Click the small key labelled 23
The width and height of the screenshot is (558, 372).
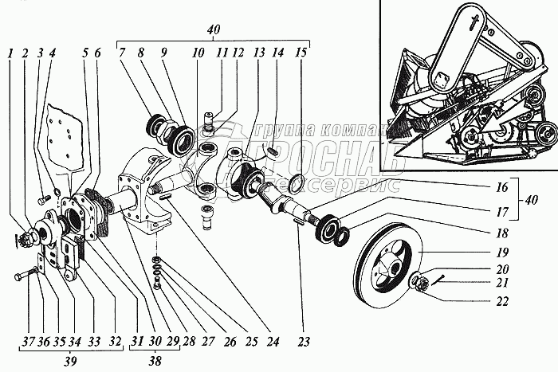[x=298, y=225]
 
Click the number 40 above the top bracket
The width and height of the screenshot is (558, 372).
[x=213, y=29]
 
